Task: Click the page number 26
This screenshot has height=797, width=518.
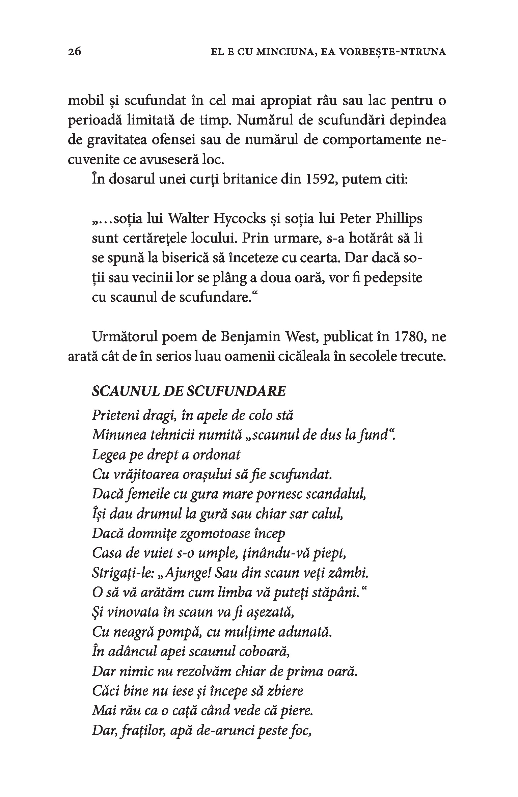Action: [75, 52]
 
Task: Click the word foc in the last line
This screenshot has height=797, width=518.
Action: [301, 731]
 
